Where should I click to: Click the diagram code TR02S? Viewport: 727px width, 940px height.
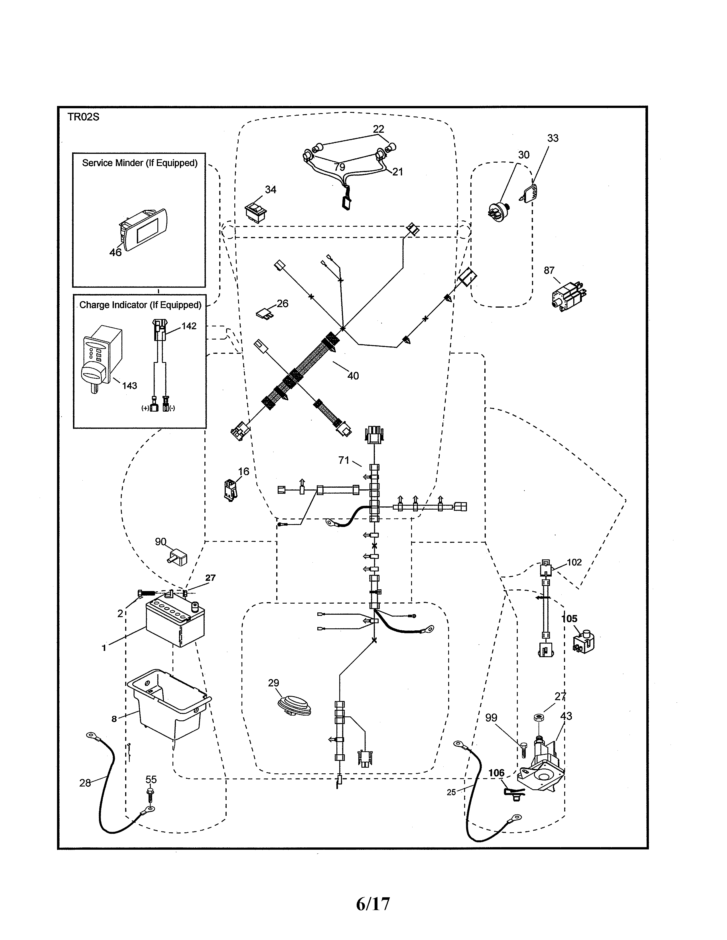click(x=83, y=117)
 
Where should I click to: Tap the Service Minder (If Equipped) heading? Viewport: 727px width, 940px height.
click(x=139, y=163)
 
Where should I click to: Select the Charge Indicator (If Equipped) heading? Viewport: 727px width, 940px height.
click(x=140, y=305)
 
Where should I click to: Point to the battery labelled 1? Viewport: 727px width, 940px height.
click(x=175, y=622)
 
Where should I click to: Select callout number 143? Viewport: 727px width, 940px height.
click(x=129, y=386)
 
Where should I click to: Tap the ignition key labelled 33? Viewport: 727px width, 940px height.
click(x=531, y=192)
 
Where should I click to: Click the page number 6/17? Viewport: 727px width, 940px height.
click(x=373, y=904)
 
